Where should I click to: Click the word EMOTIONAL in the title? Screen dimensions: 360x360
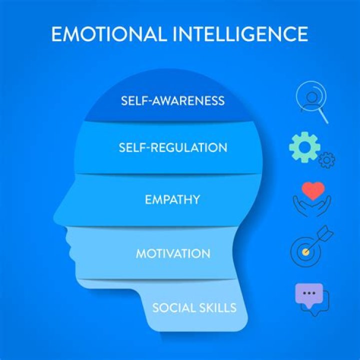tap(108, 34)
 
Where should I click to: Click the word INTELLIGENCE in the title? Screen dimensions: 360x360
tap(240, 34)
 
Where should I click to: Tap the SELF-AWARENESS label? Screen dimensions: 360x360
tap(172, 101)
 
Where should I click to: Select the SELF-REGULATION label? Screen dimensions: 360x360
tap(173, 147)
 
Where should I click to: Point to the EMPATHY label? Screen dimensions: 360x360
tap(172, 199)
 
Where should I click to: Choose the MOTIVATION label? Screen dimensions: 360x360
tap(173, 253)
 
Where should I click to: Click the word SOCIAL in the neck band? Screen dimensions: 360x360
tap(173, 307)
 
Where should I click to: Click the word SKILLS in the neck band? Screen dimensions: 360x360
tap(217, 307)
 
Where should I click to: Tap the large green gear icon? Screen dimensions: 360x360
tap(304, 147)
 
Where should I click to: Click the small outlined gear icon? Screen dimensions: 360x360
tap(326, 160)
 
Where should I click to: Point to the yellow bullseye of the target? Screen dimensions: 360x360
tap(305, 252)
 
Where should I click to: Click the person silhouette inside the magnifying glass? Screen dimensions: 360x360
tap(311, 101)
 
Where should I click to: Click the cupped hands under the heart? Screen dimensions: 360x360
tap(312, 206)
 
